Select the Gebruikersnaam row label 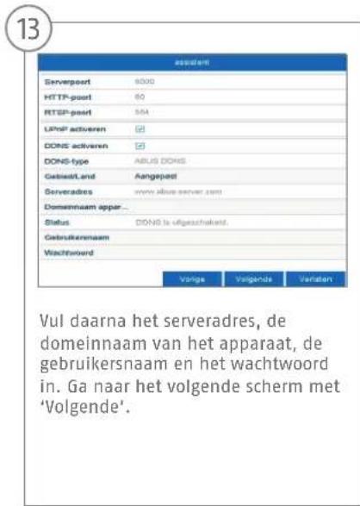tap(80, 239)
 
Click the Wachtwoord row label tap(75, 254)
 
